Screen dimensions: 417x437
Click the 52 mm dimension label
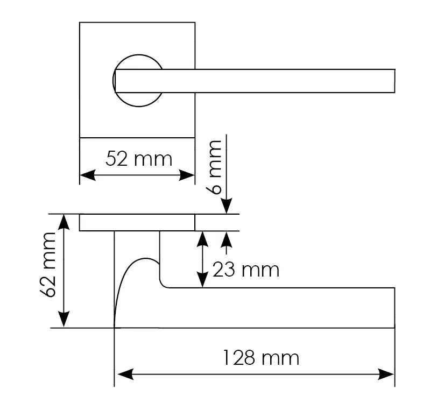[x=138, y=159]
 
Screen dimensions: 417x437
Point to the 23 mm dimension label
[x=246, y=269]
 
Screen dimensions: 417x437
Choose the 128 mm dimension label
[x=261, y=357]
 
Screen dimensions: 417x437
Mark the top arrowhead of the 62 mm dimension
[x=64, y=221]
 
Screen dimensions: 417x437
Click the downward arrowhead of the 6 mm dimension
[x=227, y=206]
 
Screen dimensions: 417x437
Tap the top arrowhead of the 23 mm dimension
[x=202, y=238]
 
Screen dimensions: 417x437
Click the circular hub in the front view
[x=138, y=81]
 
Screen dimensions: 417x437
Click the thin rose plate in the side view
[x=137, y=223]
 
